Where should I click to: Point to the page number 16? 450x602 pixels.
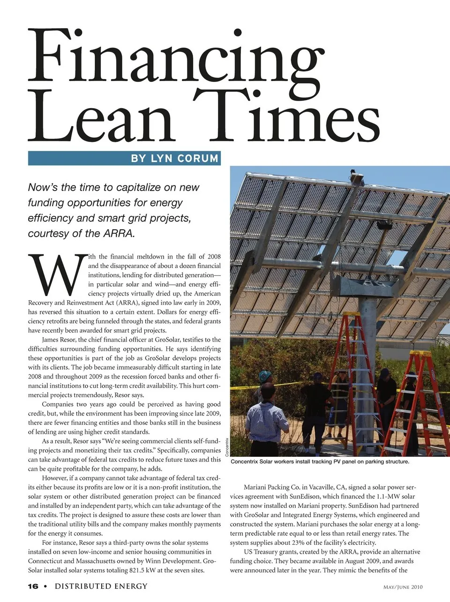(x=33, y=587)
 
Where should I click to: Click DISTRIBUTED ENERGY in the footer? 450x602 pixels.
(x=101, y=587)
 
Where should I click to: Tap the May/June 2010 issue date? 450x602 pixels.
(x=403, y=587)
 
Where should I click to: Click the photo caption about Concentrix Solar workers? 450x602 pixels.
(x=320, y=461)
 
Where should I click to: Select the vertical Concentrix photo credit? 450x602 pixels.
(x=227, y=447)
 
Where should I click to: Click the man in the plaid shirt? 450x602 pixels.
(x=267, y=417)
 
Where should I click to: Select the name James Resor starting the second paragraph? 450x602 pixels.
(x=59, y=340)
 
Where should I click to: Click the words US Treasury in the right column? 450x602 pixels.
(x=261, y=552)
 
